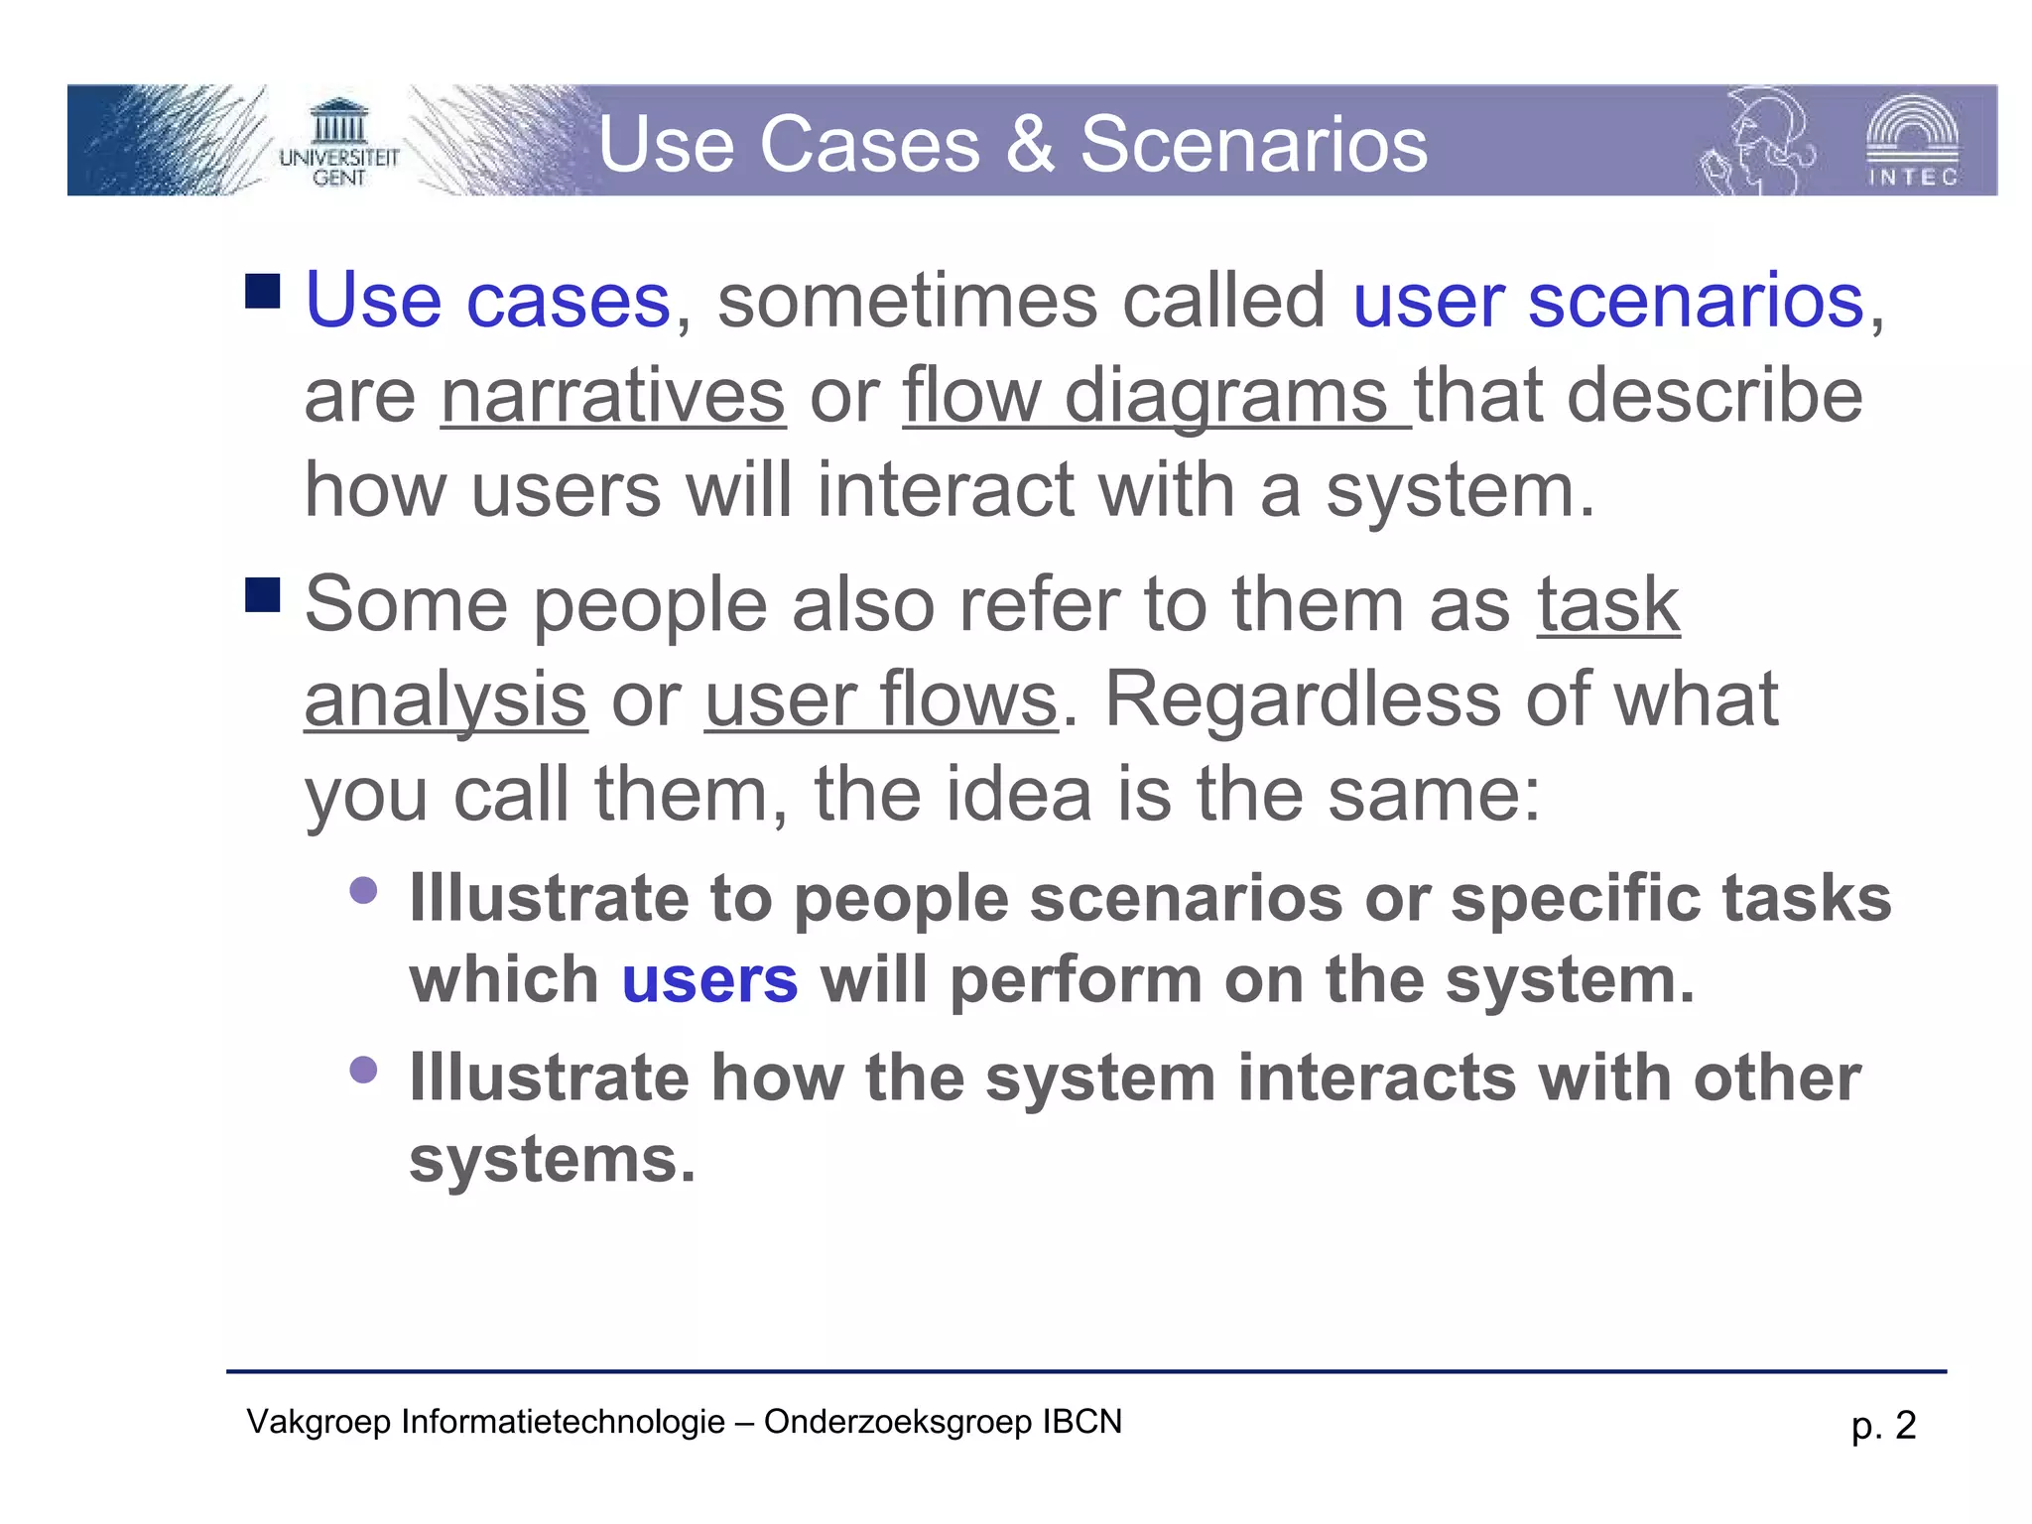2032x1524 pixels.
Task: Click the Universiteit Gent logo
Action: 338,144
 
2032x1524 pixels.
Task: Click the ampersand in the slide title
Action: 1030,145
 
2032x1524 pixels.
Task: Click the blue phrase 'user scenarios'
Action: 1608,301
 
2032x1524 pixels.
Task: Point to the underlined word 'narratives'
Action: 613,396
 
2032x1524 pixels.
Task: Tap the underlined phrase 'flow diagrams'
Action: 1156,396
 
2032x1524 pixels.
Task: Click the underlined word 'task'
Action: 1608,604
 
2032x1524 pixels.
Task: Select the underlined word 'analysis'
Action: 445,699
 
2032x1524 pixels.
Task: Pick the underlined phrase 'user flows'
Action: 881,699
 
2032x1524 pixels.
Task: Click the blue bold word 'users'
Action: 709,980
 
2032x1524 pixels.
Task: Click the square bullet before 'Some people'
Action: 263,595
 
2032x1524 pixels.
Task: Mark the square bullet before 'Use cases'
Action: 263,291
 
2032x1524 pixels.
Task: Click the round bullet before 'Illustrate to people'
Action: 364,889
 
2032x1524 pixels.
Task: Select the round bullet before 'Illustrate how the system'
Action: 364,1070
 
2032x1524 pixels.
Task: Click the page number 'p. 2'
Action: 1883,1426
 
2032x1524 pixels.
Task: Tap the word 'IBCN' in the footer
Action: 1081,1422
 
